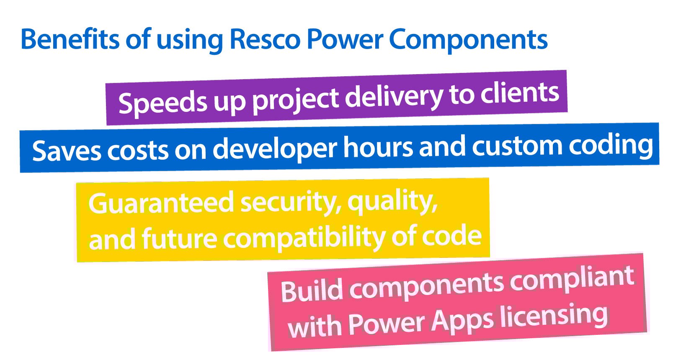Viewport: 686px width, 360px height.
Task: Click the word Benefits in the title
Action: click(70, 39)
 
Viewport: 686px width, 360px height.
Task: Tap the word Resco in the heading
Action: click(265, 39)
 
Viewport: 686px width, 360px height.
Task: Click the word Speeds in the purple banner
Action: click(162, 102)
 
